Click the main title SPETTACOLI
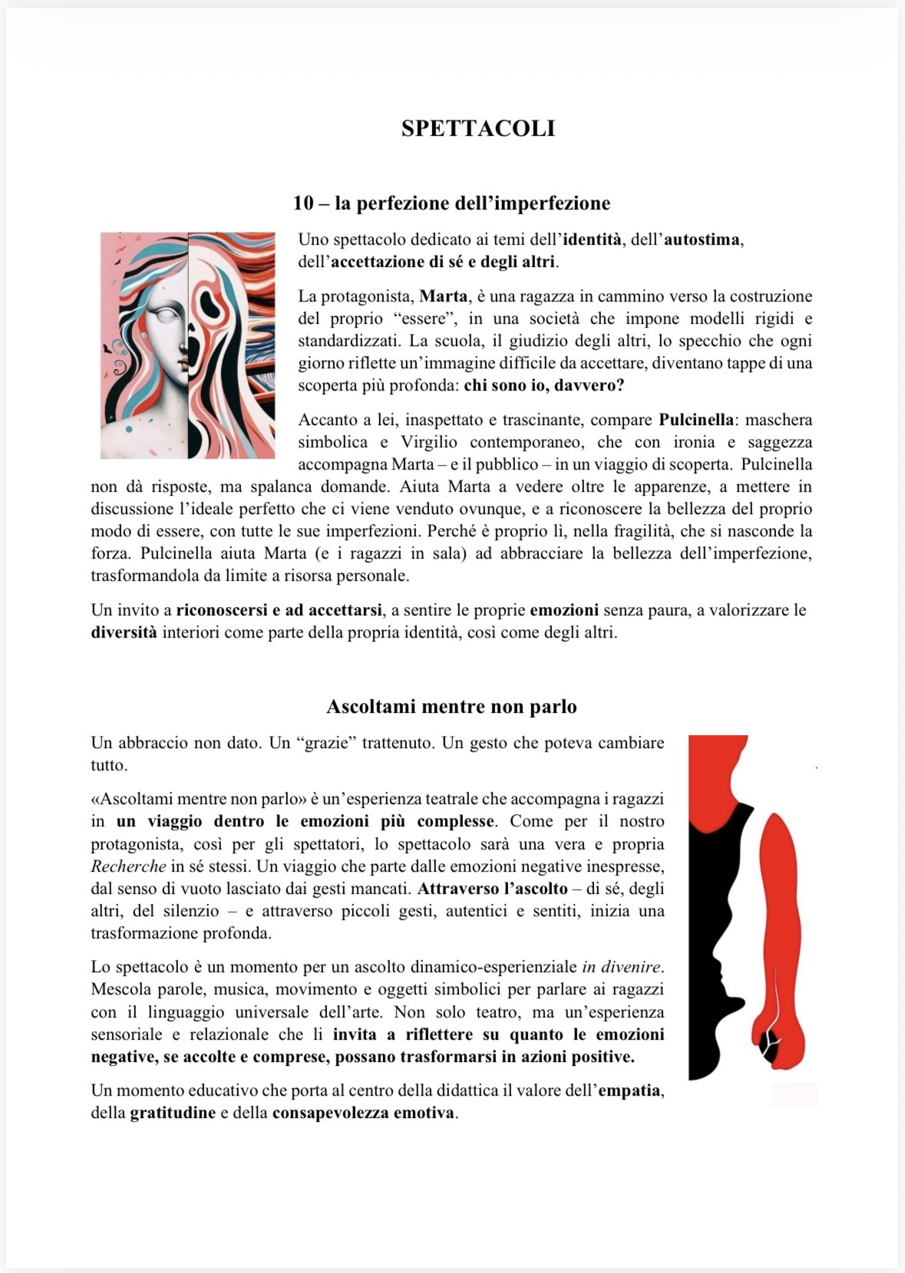click(477, 128)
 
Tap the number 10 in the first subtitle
click(303, 203)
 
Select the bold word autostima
click(702, 239)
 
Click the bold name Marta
click(443, 296)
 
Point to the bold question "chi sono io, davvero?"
click(543, 385)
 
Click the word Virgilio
click(428, 442)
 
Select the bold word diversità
click(124, 633)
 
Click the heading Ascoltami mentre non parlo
click(451, 707)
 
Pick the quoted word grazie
click(326, 743)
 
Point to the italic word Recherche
click(128, 866)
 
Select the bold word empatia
click(629, 1090)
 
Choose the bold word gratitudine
click(173, 1113)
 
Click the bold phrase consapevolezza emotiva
click(363, 1113)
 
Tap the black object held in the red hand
click(769, 1045)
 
